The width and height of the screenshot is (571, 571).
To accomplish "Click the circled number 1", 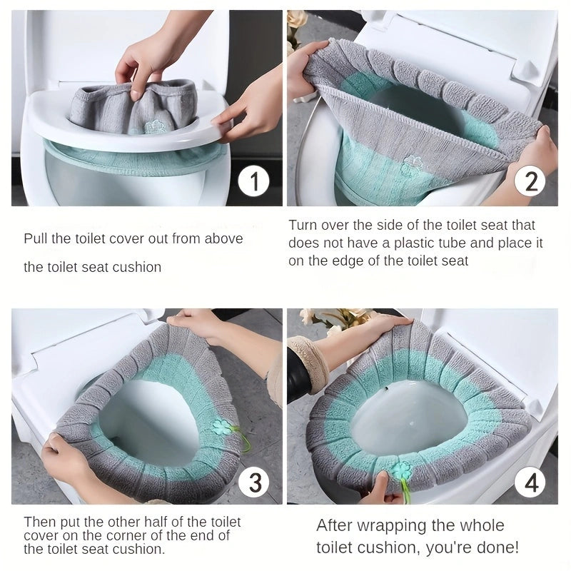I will pos(253,182).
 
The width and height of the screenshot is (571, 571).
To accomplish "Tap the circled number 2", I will pos(530,182).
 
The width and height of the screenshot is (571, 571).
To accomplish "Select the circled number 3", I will pos(253,483).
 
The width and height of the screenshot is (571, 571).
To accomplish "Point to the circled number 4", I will pos(530,483).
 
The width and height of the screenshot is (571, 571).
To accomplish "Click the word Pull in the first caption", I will pos(36,238).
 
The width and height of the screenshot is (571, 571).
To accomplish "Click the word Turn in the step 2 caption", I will pos(303,225).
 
